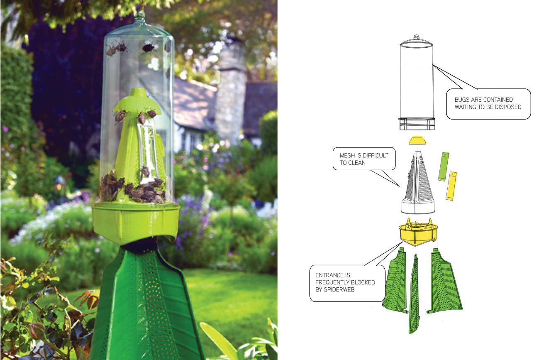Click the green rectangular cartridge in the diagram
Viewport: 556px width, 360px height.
[x=444, y=166]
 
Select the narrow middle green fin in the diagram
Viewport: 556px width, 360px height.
[x=414, y=295]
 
